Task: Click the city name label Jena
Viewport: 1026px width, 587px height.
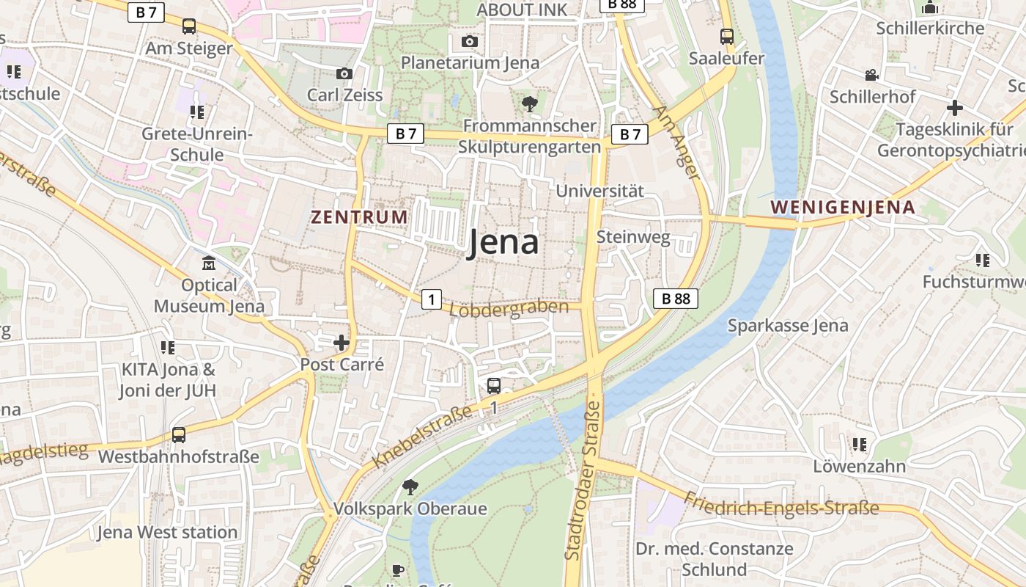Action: (503, 243)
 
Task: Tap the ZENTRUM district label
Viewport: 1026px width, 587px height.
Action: (359, 217)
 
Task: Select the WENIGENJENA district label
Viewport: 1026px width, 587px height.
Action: (843, 207)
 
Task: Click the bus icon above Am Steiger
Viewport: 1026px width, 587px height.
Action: (189, 26)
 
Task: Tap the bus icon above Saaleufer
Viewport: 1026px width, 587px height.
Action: (726, 36)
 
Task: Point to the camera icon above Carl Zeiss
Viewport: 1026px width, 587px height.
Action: (344, 73)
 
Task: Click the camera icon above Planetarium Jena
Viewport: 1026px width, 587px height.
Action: (470, 41)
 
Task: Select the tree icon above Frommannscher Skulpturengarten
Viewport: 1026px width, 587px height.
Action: (529, 104)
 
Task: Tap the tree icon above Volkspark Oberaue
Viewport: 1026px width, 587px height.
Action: (410, 486)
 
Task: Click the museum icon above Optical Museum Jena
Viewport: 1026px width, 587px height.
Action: (209, 263)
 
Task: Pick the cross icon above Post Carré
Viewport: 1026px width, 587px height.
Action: (342, 343)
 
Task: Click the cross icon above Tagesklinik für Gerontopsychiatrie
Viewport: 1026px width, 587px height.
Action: (954, 109)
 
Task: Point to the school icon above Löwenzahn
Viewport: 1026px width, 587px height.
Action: (859, 445)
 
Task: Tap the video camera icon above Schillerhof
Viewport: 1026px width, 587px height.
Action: (871, 75)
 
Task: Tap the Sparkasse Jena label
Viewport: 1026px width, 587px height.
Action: (788, 326)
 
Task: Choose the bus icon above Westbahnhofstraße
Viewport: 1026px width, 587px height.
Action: (178, 435)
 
